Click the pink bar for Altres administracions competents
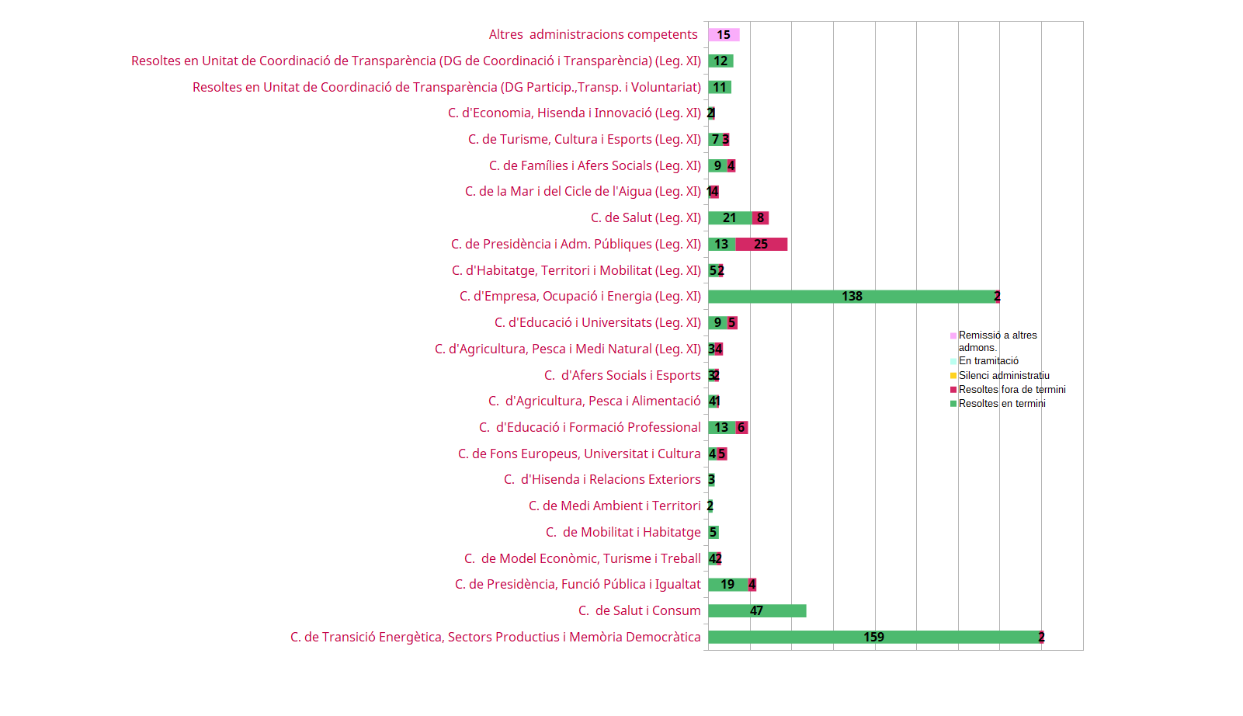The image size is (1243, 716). (x=724, y=35)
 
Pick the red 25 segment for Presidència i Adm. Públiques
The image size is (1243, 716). (x=762, y=245)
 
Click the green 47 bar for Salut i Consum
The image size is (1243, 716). (x=757, y=611)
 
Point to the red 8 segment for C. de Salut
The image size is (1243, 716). (x=760, y=218)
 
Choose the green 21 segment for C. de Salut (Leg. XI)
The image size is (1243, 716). (x=730, y=218)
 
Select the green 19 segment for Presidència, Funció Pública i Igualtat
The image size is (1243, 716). (x=727, y=585)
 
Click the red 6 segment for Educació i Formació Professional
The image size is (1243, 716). (x=741, y=428)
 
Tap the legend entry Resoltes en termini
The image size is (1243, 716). (x=1002, y=404)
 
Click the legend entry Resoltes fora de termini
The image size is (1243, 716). (x=1012, y=390)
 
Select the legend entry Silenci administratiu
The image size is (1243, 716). (x=1003, y=376)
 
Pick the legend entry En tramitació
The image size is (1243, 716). (x=988, y=361)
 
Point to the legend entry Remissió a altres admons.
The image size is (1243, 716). (x=997, y=342)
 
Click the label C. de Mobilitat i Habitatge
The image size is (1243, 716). (x=623, y=533)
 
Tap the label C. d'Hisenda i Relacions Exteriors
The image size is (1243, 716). (x=602, y=480)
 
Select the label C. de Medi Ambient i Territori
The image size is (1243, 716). (x=614, y=506)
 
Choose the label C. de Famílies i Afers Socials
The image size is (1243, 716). (x=595, y=166)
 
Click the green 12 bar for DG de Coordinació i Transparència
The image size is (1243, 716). (x=720, y=61)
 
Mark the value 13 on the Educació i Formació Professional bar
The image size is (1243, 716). (x=721, y=428)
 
